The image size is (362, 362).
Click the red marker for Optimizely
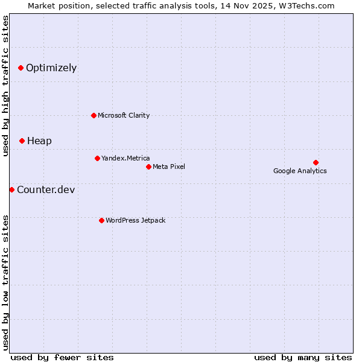(21, 68)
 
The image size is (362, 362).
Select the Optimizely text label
(51, 68)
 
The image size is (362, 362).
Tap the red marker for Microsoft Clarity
(94, 115)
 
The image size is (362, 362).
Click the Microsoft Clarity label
(124, 115)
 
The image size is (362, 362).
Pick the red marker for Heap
(22, 141)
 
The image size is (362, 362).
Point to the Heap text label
(39, 141)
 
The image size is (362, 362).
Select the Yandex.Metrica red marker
(97, 158)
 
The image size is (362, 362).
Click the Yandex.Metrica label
(125, 158)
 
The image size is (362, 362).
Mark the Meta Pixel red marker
(148, 167)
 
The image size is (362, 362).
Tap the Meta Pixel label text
(169, 167)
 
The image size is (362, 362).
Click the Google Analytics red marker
(316, 162)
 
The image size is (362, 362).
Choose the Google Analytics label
(300, 171)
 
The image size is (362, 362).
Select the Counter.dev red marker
(12, 189)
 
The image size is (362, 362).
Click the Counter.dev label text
(46, 190)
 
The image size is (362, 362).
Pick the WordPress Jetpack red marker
(101, 220)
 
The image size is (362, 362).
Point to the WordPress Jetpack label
(135, 220)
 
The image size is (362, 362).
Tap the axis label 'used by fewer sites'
(62, 357)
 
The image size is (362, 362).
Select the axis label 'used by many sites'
(303, 357)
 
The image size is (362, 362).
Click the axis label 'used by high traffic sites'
(5, 86)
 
